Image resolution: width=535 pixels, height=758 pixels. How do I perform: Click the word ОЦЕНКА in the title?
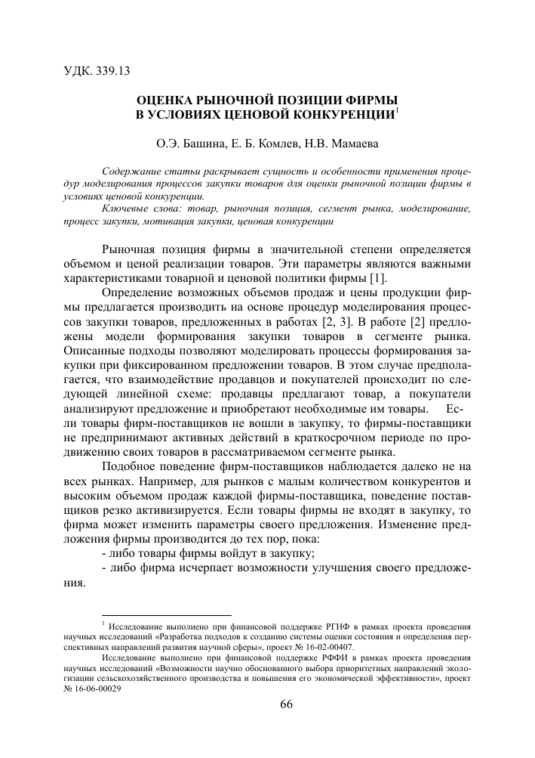point(167,100)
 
